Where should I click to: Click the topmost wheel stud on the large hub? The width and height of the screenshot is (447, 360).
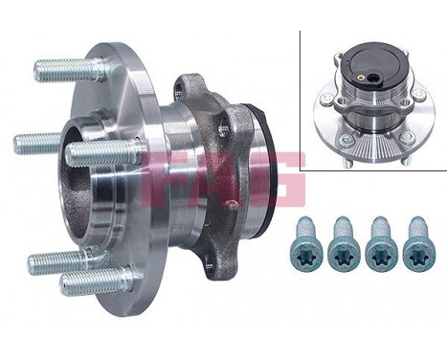tap(67, 69)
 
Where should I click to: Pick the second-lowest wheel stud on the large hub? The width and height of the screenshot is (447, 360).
tap(57, 261)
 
